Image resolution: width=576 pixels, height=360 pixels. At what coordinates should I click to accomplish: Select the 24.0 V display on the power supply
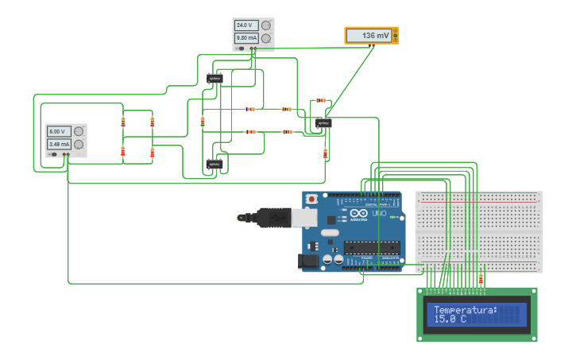[245, 25]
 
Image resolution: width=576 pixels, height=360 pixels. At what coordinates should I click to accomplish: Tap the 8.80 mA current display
[245, 38]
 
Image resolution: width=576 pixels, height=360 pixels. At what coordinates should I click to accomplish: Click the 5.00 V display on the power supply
[58, 131]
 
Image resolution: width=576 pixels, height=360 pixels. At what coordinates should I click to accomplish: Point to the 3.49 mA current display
[58, 144]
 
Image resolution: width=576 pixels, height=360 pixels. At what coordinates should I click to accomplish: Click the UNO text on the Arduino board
[379, 213]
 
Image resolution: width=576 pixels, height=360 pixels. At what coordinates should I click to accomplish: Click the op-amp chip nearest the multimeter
[323, 124]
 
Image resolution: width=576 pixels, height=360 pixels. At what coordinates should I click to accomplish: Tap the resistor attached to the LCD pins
[481, 278]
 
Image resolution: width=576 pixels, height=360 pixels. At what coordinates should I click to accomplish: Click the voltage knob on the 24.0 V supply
[266, 25]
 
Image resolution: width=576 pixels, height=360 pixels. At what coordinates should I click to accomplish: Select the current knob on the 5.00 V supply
[79, 144]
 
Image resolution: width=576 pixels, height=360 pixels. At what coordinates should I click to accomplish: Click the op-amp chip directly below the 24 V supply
[215, 78]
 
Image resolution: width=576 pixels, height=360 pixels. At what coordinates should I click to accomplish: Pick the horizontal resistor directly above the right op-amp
[320, 101]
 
